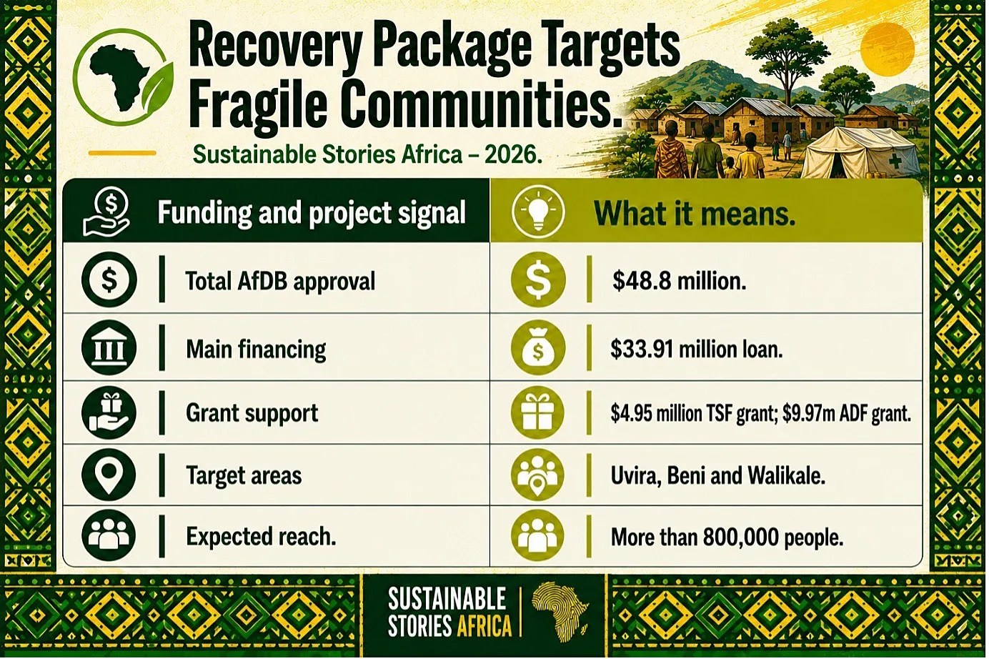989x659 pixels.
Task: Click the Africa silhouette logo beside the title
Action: pyautogui.click(x=123, y=78)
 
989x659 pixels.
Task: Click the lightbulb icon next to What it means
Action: pyautogui.click(x=538, y=211)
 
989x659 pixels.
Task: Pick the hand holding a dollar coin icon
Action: pyautogui.click(x=106, y=212)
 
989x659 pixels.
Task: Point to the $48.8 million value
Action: pyautogui.click(x=679, y=281)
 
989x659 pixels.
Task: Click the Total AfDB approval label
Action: pyautogui.click(x=280, y=282)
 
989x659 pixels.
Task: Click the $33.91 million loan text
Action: pyautogui.click(x=696, y=350)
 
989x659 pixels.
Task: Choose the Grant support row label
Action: pyautogui.click(x=252, y=413)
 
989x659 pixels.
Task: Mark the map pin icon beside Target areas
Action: pyautogui.click(x=109, y=475)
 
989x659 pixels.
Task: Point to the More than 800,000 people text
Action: pyautogui.click(x=727, y=537)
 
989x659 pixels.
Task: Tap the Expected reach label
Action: pyautogui.click(x=261, y=537)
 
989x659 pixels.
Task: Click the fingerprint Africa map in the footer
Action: pyautogui.click(x=560, y=611)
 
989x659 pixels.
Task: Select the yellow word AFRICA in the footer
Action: pyautogui.click(x=484, y=626)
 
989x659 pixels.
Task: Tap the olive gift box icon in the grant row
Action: pyautogui.click(x=538, y=412)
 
